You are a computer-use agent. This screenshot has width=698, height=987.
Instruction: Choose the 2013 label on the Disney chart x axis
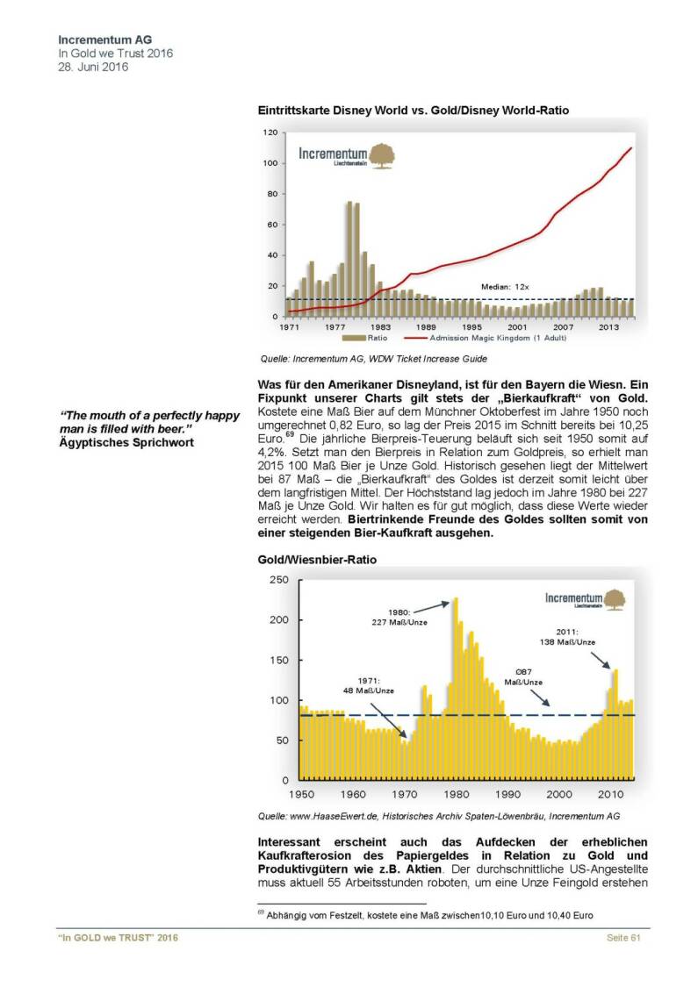point(608,326)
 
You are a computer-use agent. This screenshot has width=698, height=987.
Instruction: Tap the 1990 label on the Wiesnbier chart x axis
point(507,794)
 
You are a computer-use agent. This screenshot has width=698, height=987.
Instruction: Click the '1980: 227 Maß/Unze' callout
point(395,617)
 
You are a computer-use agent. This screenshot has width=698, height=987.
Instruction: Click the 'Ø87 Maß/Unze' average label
point(524,676)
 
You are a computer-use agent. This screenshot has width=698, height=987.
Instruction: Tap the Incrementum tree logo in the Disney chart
point(381,156)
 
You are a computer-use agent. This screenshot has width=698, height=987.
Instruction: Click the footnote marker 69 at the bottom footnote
point(261,912)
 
